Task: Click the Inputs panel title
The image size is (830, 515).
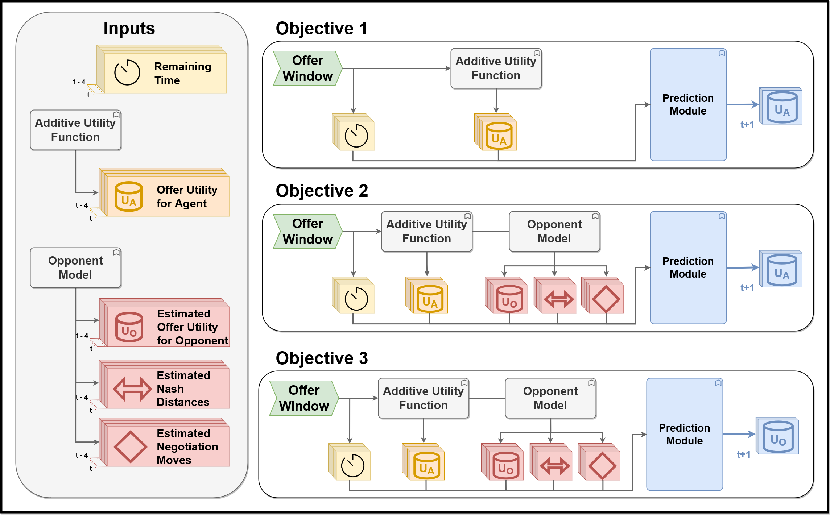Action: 129,28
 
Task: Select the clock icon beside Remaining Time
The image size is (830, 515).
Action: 127,72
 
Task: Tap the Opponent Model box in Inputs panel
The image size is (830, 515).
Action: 75,267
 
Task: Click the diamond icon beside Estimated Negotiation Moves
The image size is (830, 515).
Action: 130,447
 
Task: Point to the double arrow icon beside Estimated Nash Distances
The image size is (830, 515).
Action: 132,389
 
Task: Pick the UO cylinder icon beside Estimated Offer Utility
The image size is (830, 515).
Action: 129,328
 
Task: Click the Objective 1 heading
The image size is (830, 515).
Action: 321,28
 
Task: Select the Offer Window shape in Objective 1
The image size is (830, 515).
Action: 307,68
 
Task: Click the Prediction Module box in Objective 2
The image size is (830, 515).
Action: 688,267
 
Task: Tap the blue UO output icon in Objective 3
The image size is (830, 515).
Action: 778,436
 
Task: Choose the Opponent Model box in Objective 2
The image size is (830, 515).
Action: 554,231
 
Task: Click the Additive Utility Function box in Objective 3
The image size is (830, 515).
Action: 423,398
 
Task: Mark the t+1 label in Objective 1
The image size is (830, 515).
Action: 747,125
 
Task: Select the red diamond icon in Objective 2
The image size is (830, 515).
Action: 606,299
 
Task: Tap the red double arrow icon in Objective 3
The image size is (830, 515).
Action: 554,466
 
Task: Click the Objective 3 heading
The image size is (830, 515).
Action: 321,358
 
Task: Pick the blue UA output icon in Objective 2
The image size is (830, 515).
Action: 782,270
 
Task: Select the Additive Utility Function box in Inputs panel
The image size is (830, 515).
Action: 75,130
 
